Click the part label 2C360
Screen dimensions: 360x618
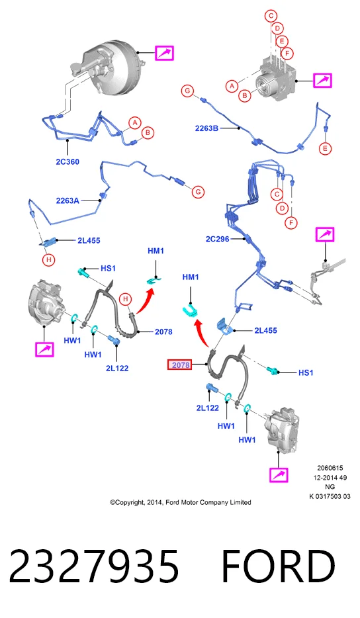point(67,161)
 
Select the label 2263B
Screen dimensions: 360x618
point(207,128)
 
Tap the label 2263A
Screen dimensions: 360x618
point(67,200)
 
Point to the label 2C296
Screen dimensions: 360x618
point(217,239)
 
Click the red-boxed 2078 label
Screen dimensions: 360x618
point(181,365)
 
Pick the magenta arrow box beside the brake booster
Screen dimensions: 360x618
point(164,53)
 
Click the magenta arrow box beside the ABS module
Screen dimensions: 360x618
point(322,81)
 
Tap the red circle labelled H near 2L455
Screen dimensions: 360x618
point(49,260)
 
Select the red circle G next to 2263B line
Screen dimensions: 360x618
point(187,91)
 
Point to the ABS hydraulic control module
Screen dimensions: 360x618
point(275,79)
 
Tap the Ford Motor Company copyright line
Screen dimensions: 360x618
point(181,502)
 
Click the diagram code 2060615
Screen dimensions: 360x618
point(330,468)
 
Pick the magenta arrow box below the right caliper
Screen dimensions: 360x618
point(279,475)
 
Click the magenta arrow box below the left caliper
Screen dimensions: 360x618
point(44,349)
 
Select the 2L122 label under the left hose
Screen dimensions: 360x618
point(117,369)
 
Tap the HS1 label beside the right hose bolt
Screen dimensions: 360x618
point(306,373)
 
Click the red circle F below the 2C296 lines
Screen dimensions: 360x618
point(291,223)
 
